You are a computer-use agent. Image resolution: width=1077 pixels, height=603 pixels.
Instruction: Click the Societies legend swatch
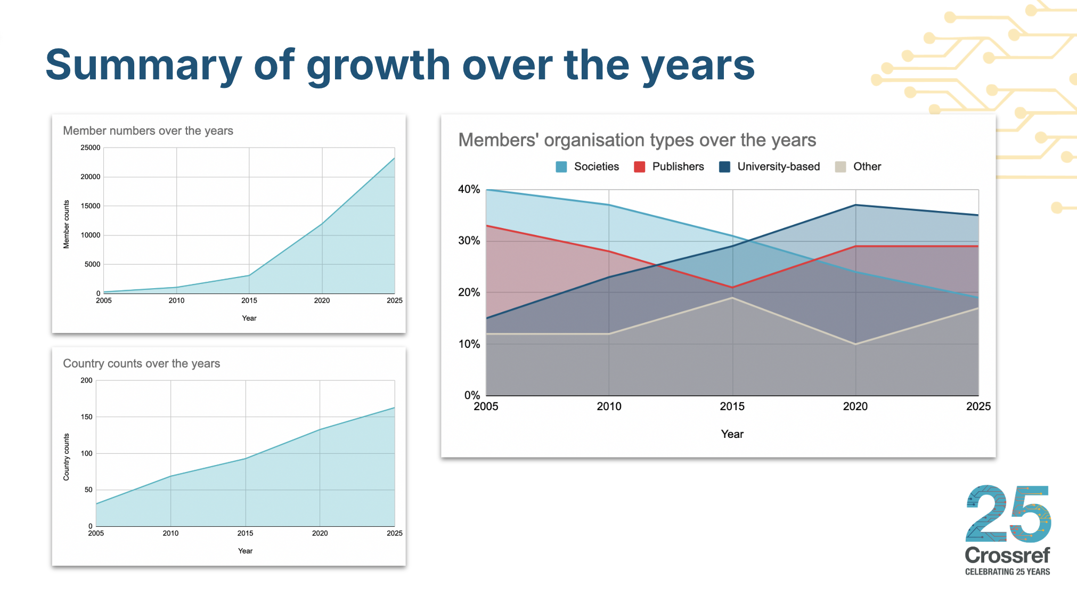tap(561, 167)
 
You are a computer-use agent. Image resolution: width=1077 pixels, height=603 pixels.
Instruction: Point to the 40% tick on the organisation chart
tap(469, 189)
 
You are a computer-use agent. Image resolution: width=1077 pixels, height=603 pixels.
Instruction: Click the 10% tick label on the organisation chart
tap(469, 344)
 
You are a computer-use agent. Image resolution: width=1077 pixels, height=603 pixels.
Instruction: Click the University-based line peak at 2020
tap(855, 205)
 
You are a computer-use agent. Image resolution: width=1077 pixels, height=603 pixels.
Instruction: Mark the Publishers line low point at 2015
tap(732, 288)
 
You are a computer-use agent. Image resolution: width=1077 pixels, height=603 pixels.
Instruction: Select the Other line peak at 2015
tap(732, 298)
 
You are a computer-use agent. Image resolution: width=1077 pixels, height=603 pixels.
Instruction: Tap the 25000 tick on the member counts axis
tap(90, 148)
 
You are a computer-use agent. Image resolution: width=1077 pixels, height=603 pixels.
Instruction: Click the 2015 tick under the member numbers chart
tap(249, 300)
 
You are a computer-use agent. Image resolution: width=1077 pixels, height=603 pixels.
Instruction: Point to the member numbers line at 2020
tap(322, 224)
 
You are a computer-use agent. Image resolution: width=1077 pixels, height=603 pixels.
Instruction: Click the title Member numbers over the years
tap(148, 131)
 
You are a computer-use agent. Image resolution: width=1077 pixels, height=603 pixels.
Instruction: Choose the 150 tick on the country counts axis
tap(86, 417)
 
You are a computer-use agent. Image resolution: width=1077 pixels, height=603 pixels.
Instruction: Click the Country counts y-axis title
tap(67, 457)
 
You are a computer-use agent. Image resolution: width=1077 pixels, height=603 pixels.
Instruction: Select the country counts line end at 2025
tap(394, 408)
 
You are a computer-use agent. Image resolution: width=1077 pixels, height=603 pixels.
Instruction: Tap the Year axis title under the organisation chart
tap(732, 434)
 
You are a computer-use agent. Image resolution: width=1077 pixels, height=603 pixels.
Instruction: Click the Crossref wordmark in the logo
tap(1007, 556)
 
